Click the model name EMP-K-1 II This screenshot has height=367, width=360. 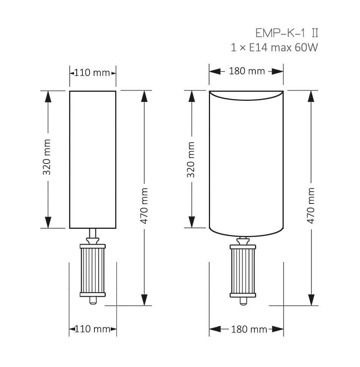point(287,33)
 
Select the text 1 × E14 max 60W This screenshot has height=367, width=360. point(274,48)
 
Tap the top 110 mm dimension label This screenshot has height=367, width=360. point(92,73)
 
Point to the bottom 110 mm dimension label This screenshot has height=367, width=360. point(93,329)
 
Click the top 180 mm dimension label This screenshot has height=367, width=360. point(247,71)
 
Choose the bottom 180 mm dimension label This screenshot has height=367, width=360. point(249,329)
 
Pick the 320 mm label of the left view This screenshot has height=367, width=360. point(47,157)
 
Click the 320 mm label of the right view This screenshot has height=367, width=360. point(191,160)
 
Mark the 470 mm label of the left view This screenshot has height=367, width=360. point(144,206)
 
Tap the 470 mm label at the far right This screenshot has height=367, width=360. point(311,205)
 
